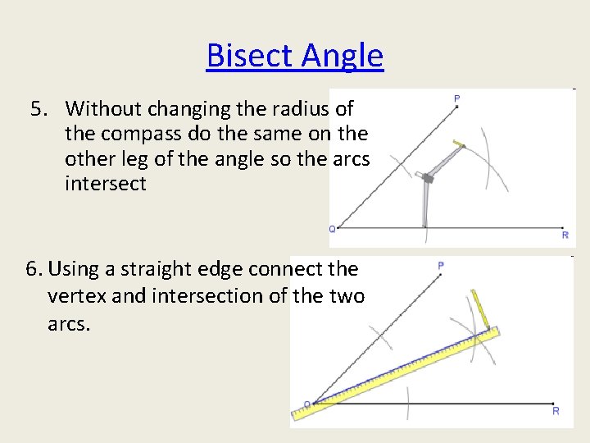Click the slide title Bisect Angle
coord(295,56)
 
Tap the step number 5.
coord(38,108)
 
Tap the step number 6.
coord(33,269)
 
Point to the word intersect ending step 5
coord(106,183)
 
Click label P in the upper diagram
coord(456,99)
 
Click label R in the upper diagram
coord(565,235)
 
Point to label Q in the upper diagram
coord(332,229)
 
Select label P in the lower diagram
coord(441,266)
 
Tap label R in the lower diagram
coord(556,410)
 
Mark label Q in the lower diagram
coord(306,404)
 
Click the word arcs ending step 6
coord(69,324)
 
